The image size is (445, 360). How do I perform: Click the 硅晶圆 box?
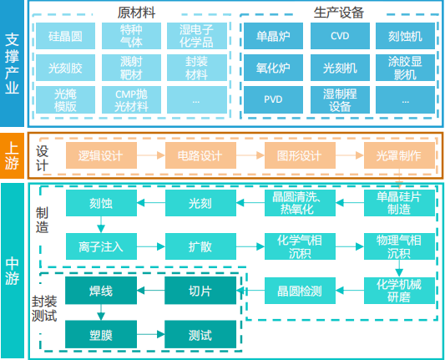click(x=65, y=36)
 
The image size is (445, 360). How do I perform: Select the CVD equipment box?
click(x=340, y=36)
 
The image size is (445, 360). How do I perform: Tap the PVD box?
click(x=273, y=99)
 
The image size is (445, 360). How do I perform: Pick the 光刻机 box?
click(x=340, y=68)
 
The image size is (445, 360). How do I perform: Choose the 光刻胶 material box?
click(x=65, y=68)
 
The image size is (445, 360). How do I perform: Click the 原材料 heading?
click(x=137, y=13)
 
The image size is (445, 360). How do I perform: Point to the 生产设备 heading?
click(x=339, y=13)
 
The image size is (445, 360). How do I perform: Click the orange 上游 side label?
click(x=12, y=155)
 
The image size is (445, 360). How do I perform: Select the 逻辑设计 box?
click(x=101, y=155)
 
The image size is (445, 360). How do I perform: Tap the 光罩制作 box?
click(x=399, y=155)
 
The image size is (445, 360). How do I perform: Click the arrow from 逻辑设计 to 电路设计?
click(x=151, y=155)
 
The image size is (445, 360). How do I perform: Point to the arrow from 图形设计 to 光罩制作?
click(x=350, y=155)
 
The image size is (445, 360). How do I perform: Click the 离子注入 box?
click(x=101, y=246)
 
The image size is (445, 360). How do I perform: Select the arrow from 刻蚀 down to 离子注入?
click(x=101, y=225)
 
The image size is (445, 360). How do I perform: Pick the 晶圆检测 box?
click(x=300, y=291)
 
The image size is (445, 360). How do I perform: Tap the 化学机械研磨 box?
click(x=399, y=291)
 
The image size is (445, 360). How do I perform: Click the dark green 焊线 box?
click(x=101, y=291)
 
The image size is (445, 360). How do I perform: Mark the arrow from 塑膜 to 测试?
click(x=150, y=334)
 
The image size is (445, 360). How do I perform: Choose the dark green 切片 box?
click(x=200, y=291)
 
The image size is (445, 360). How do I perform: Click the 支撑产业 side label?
click(x=12, y=63)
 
